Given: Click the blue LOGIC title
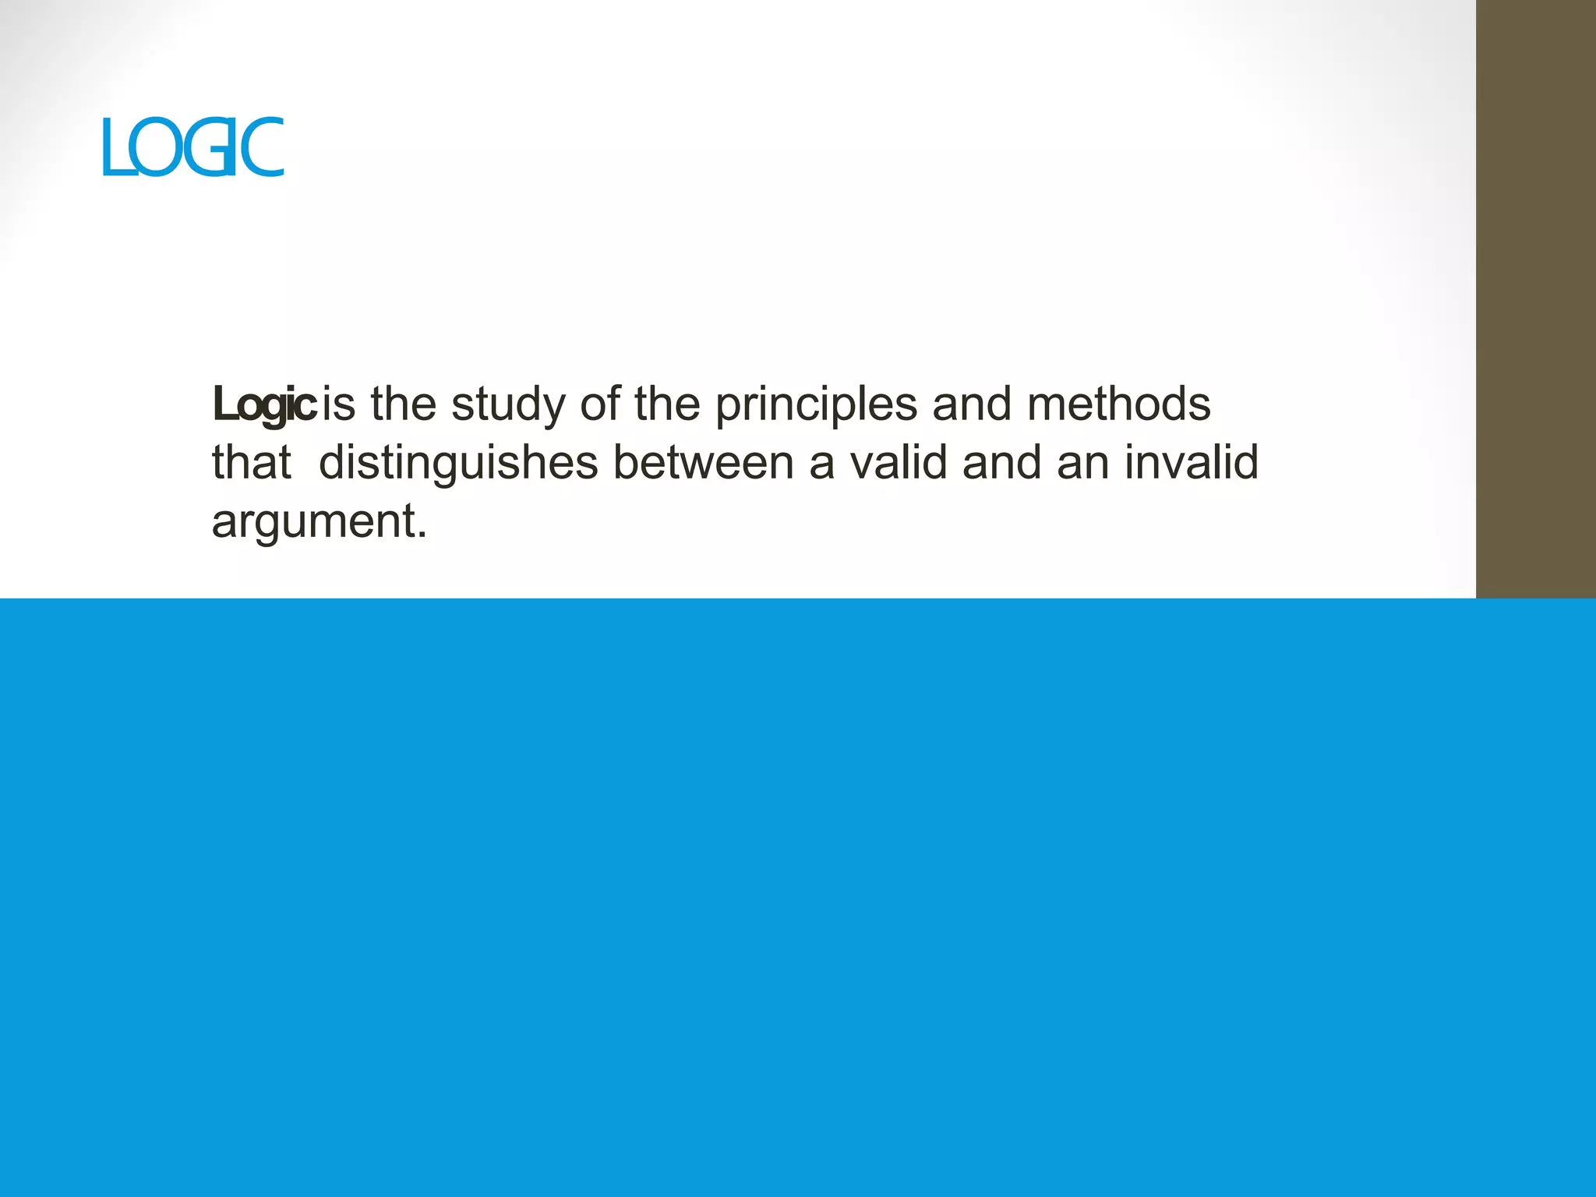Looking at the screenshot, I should pyautogui.click(x=193, y=147).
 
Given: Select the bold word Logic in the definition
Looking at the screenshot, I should pyautogui.click(x=263, y=404).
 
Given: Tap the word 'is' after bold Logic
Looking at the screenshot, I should pyautogui.click(x=339, y=404).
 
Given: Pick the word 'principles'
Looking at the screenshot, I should pyautogui.click(x=816, y=406).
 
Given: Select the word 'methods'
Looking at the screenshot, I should pyautogui.click(x=1118, y=404).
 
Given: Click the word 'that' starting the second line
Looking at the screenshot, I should pyautogui.click(x=251, y=463).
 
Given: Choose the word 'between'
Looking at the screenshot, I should pyautogui.click(x=704, y=463).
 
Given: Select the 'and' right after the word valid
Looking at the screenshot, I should pyautogui.click(x=1001, y=463).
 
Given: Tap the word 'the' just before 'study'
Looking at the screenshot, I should pyautogui.click(x=403, y=404).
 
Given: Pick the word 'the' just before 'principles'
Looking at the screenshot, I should pyautogui.click(x=666, y=404).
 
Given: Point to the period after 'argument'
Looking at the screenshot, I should pyautogui.click(x=422, y=536).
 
